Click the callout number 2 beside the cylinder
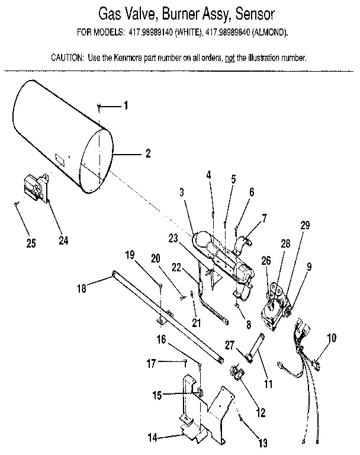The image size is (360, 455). pyautogui.click(x=147, y=153)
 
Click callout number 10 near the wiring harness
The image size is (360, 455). pyautogui.click(x=332, y=338)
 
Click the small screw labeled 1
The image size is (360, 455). pyautogui.click(x=100, y=107)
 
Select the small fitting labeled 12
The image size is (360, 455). pyautogui.click(x=237, y=373)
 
